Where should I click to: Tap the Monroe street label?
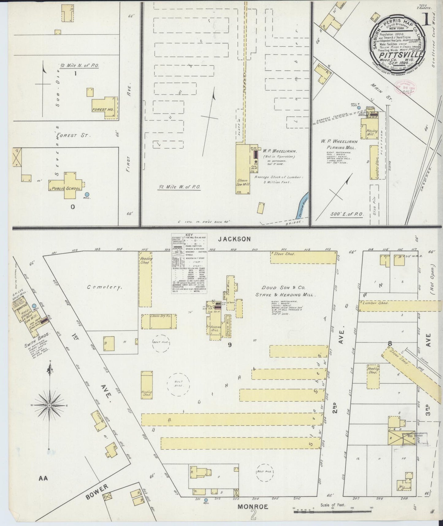[253, 507]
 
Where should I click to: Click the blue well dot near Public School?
[87, 194]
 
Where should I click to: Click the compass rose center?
[49, 405]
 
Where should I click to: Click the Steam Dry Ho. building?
[158, 321]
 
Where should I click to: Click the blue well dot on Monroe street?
[206, 499]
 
